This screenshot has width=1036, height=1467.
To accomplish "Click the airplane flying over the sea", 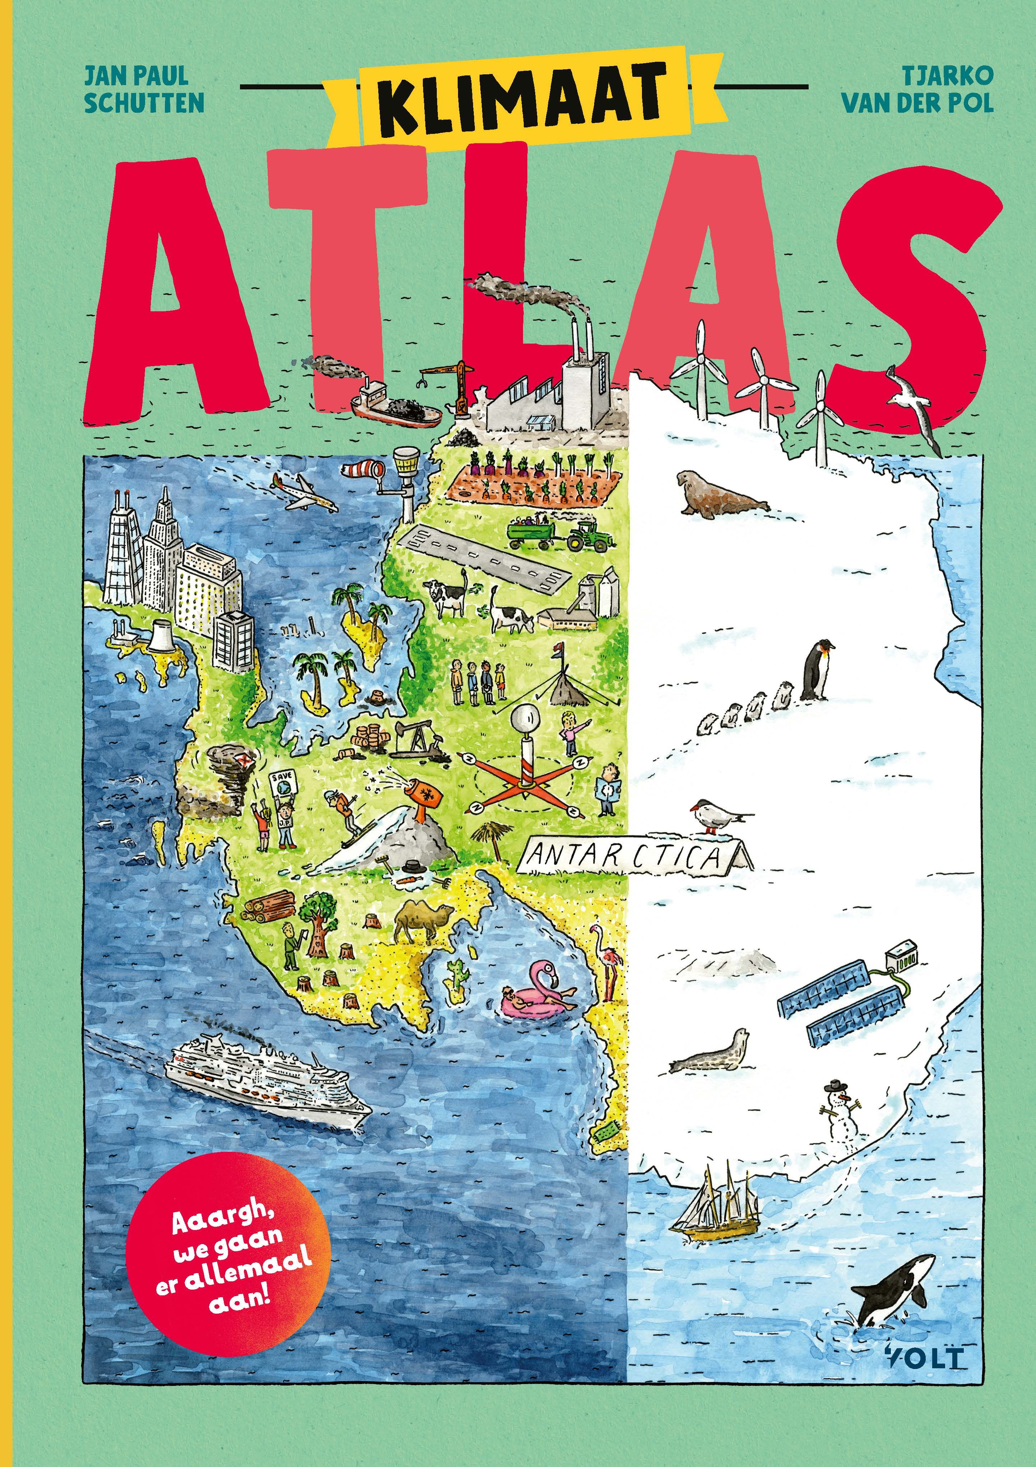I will [x=304, y=492].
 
